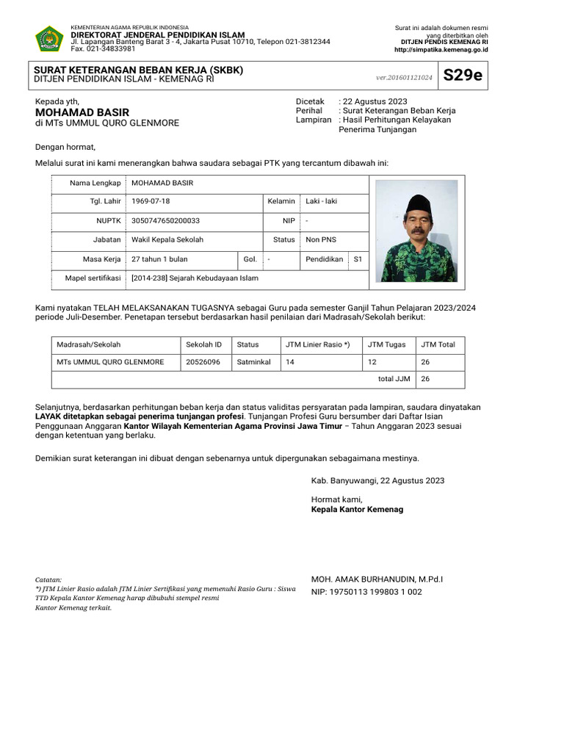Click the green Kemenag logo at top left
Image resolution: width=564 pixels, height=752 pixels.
(x=49, y=38)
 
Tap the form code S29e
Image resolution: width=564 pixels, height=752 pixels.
(x=463, y=75)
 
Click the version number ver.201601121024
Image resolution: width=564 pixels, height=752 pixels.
(x=403, y=76)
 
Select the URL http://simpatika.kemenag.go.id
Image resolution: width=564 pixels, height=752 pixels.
(x=441, y=50)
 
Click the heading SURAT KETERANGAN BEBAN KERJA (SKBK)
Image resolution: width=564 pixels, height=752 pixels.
(x=139, y=70)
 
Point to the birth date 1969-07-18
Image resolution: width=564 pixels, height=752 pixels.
(x=150, y=200)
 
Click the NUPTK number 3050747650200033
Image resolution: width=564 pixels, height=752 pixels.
(x=165, y=220)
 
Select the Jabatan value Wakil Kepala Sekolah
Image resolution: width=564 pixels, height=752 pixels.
(x=167, y=239)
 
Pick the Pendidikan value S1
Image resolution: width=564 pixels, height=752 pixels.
(x=358, y=259)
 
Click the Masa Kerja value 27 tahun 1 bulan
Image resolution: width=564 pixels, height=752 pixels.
(x=159, y=259)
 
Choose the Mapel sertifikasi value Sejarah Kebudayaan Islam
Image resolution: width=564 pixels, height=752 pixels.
(x=195, y=278)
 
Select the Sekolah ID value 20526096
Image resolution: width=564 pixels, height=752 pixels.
(x=203, y=362)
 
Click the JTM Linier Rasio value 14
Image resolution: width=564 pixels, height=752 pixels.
(x=290, y=362)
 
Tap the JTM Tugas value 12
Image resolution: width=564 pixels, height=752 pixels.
(x=372, y=362)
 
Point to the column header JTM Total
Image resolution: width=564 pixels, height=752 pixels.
(x=438, y=344)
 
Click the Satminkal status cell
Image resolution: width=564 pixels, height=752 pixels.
(x=254, y=362)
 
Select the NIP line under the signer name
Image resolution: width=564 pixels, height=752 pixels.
(x=366, y=591)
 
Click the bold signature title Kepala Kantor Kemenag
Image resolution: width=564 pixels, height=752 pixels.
(x=357, y=509)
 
